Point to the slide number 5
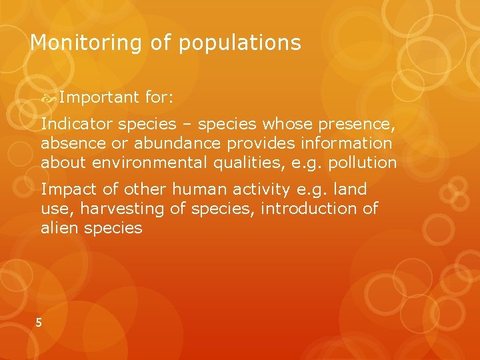click(x=39, y=323)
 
